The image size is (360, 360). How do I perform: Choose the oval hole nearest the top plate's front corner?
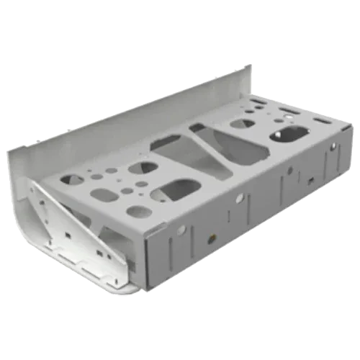140,212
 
